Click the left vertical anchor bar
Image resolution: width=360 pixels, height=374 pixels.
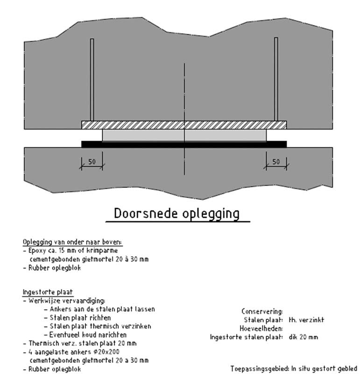[92, 79]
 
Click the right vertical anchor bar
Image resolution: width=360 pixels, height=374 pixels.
[276, 79]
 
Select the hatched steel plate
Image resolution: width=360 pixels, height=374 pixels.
[184, 125]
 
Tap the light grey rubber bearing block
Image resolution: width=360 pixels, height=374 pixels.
[184, 135]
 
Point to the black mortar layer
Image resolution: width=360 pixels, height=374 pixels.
[184, 144]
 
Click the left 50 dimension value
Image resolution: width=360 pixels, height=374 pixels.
[92, 162]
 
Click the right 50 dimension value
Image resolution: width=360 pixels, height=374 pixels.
[276, 162]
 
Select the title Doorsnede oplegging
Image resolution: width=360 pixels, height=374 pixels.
[177, 214]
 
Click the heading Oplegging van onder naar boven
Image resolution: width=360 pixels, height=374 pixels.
[72, 242]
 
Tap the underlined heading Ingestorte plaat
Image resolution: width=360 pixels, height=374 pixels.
[48, 292]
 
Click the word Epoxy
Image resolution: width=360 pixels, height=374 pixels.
[35, 251]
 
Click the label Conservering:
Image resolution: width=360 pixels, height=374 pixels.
[262, 311]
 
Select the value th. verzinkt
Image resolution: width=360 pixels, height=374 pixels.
[306, 320]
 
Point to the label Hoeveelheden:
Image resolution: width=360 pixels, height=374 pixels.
[261, 329]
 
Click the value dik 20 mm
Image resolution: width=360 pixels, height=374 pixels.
[304, 337]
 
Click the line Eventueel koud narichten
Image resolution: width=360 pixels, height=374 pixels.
[85, 335]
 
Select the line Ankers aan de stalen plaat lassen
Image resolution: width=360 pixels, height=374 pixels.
[99, 309]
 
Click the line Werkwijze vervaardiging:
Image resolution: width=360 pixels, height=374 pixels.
[64, 301]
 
